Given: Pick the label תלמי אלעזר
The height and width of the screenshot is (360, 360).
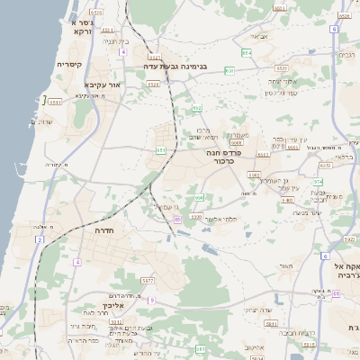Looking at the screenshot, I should click(x=218, y=219).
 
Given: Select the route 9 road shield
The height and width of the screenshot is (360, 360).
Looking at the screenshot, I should click(x=152, y=300).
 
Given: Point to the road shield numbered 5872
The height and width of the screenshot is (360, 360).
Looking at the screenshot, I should click(x=147, y=281).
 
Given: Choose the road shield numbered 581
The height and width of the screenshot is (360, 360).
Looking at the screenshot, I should click(x=269, y=322).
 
